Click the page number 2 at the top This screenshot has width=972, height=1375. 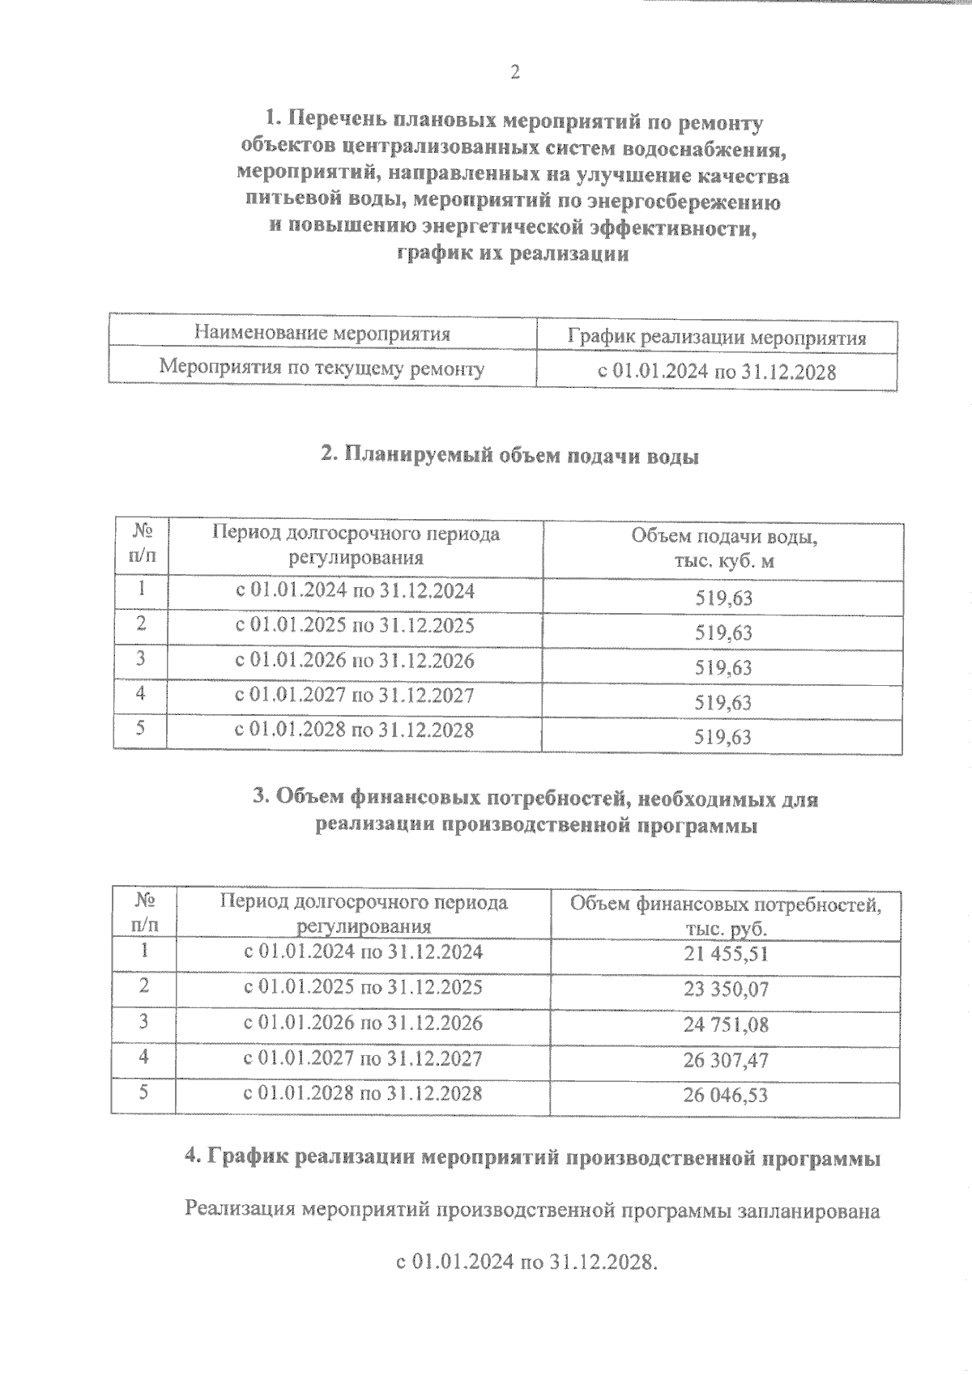click(515, 72)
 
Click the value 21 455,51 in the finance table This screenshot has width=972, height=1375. click(725, 954)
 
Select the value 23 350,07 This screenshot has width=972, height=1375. click(725, 990)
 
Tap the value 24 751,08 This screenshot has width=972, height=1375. click(725, 1025)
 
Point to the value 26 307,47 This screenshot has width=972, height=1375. click(725, 1060)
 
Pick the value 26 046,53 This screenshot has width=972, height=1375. click(725, 1096)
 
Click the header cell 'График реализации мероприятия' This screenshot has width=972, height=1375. click(717, 338)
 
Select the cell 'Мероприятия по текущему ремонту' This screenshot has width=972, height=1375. click(322, 368)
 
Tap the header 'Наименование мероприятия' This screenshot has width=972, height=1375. click(322, 333)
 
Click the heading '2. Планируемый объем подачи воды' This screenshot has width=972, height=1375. click(509, 456)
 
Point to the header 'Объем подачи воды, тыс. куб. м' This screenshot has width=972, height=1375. click(723, 548)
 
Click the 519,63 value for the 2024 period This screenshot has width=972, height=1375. click(723, 598)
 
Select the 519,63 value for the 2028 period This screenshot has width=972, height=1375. click(723, 737)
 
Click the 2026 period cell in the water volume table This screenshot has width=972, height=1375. click(354, 661)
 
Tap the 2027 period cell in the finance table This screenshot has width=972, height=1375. click(363, 1058)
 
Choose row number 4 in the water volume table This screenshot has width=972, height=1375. click(141, 694)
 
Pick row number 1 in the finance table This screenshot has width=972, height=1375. click(143, 950)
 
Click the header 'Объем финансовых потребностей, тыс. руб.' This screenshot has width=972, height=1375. click(725, 916)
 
